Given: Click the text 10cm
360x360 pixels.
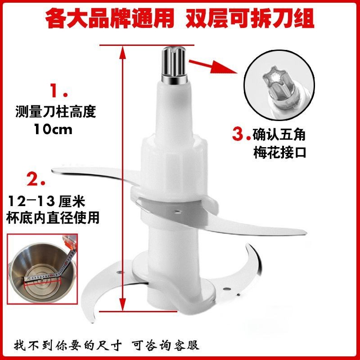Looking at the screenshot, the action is pos(53,130).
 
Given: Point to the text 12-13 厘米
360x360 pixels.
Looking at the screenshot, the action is pos(47,201).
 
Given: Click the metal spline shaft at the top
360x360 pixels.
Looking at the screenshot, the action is pos(174,63).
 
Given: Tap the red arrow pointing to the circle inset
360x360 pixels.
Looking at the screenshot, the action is pos(213,67).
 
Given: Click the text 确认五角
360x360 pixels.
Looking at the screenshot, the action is pos(279,135).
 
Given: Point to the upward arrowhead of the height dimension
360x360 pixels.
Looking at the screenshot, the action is pos(123,52).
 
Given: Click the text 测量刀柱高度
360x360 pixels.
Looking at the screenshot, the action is pos(55,112).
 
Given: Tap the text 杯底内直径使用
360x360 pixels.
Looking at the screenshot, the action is pos(53,218).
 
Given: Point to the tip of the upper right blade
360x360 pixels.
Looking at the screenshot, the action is pos(306,233).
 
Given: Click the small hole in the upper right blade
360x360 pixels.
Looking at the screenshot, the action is pos(177,211).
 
